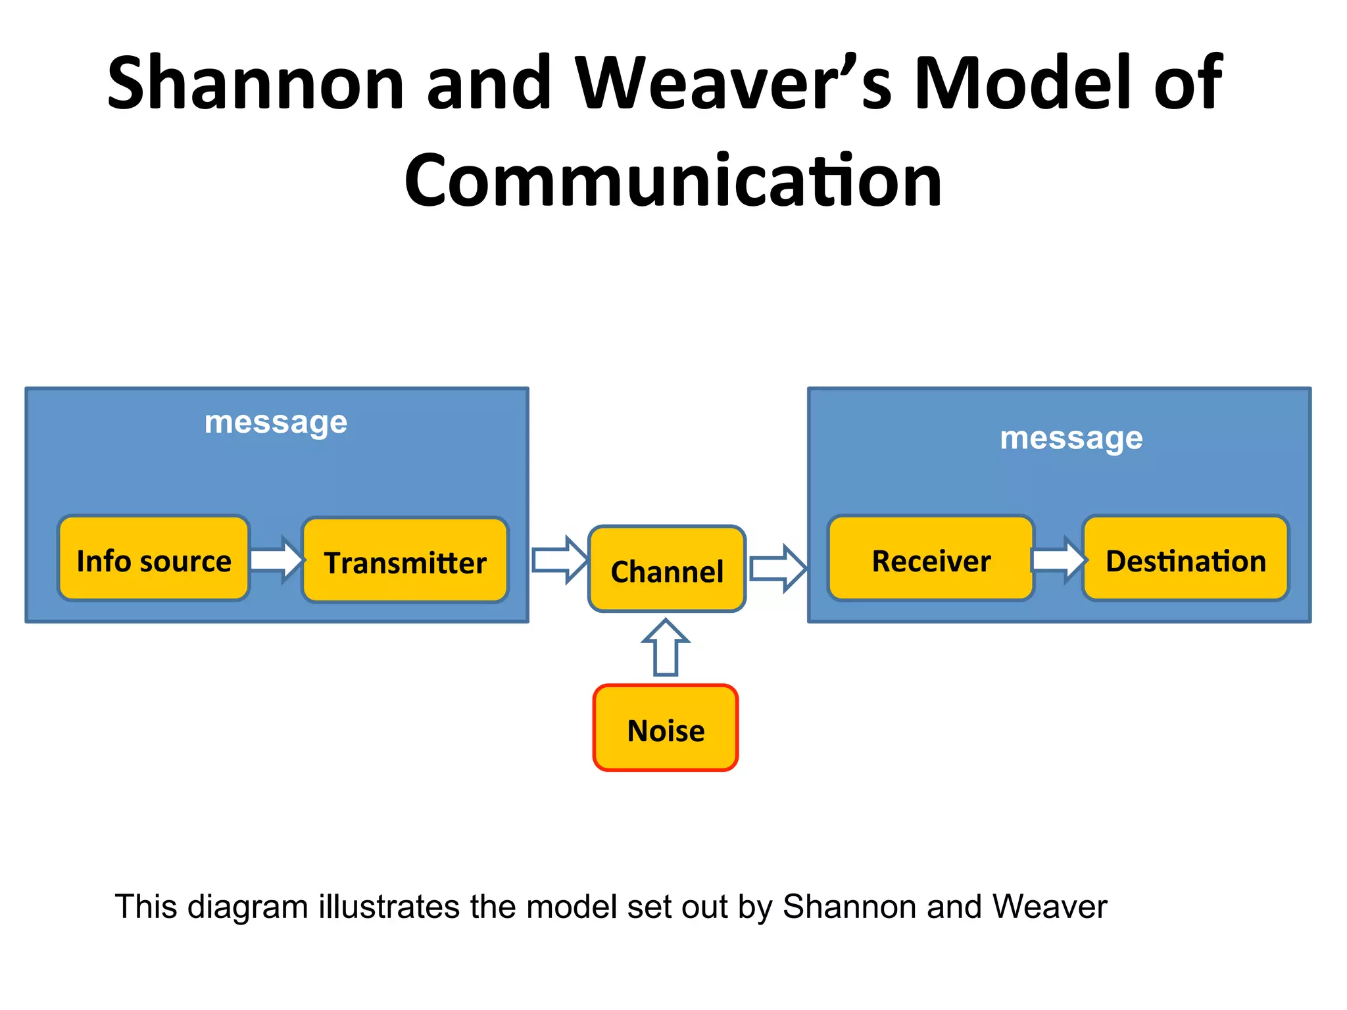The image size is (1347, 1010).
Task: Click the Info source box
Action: pos(154,558)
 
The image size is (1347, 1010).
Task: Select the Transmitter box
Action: pos(405,561)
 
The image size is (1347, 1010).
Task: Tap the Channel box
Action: pos(667,569)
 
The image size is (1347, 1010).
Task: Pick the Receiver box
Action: pos(931,559)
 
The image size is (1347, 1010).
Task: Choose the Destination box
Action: pos(1185,559)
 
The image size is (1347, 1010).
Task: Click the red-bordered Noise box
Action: pos(666,729)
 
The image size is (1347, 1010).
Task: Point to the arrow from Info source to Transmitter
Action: pos(277,560)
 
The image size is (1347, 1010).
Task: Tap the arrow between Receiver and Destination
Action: pos(1058,560)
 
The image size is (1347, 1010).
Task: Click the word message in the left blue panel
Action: pos(276,422)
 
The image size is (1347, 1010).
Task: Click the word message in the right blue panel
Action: pos(1071,438)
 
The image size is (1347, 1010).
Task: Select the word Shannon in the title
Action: pos(255,84)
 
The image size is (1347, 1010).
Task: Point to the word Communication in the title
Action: pos(673,180)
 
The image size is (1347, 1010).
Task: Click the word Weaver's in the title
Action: pos(733,84)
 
